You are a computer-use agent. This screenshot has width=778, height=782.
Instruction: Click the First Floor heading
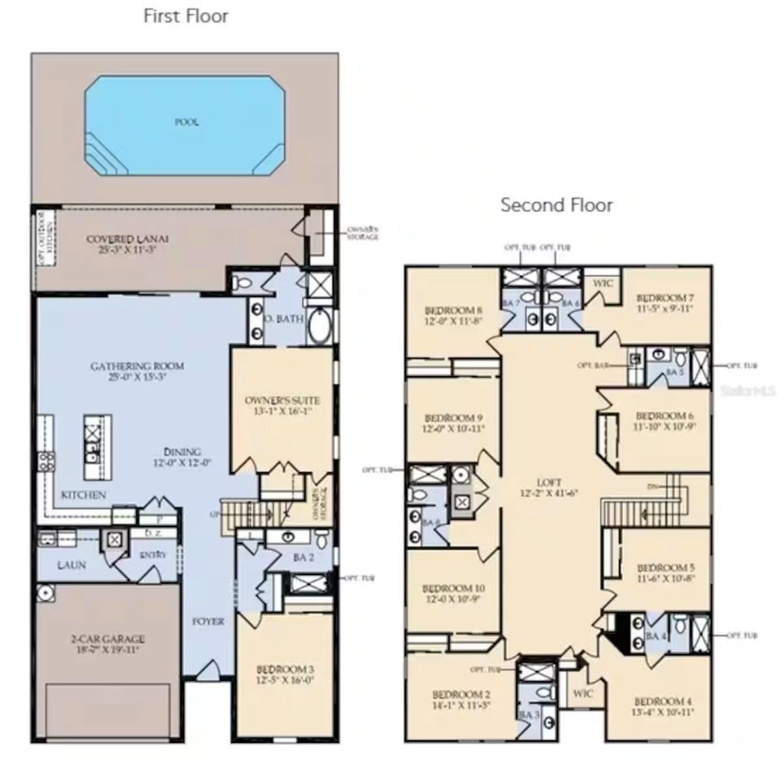pyautogui.click(x=186, y=16)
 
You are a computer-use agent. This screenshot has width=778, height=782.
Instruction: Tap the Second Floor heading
pyautogui.click(x=556, y=205)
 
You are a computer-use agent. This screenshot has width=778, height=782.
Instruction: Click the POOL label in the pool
pyautogui.click(x=187, y=122)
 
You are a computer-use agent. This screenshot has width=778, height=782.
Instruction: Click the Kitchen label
pyautogui.click(x=83, y=495)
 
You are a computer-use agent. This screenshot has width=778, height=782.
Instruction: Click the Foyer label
pyautogui.click(x=208, y=621)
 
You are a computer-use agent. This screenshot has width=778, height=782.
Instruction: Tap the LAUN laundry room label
pyautogui.click(x=71, y=564)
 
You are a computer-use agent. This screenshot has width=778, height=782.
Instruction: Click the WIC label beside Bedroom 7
pyautogui.click(x=602, y=283)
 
